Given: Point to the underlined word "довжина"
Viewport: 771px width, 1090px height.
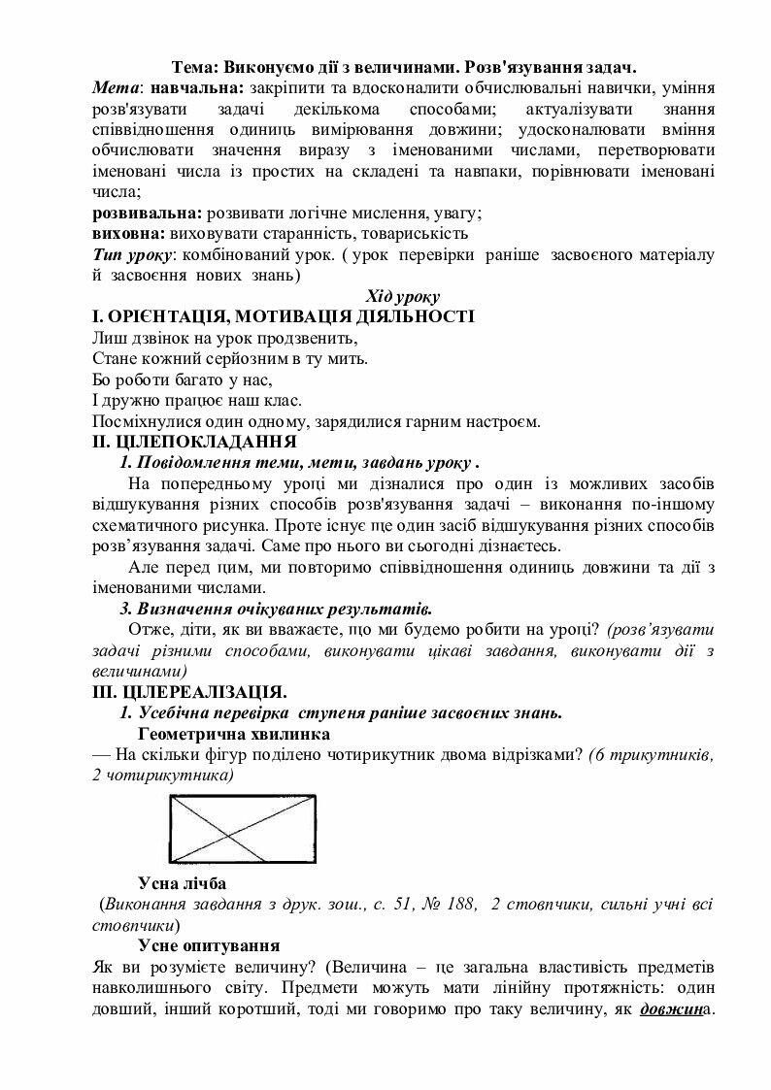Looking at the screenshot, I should (x=676, y=1008).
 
